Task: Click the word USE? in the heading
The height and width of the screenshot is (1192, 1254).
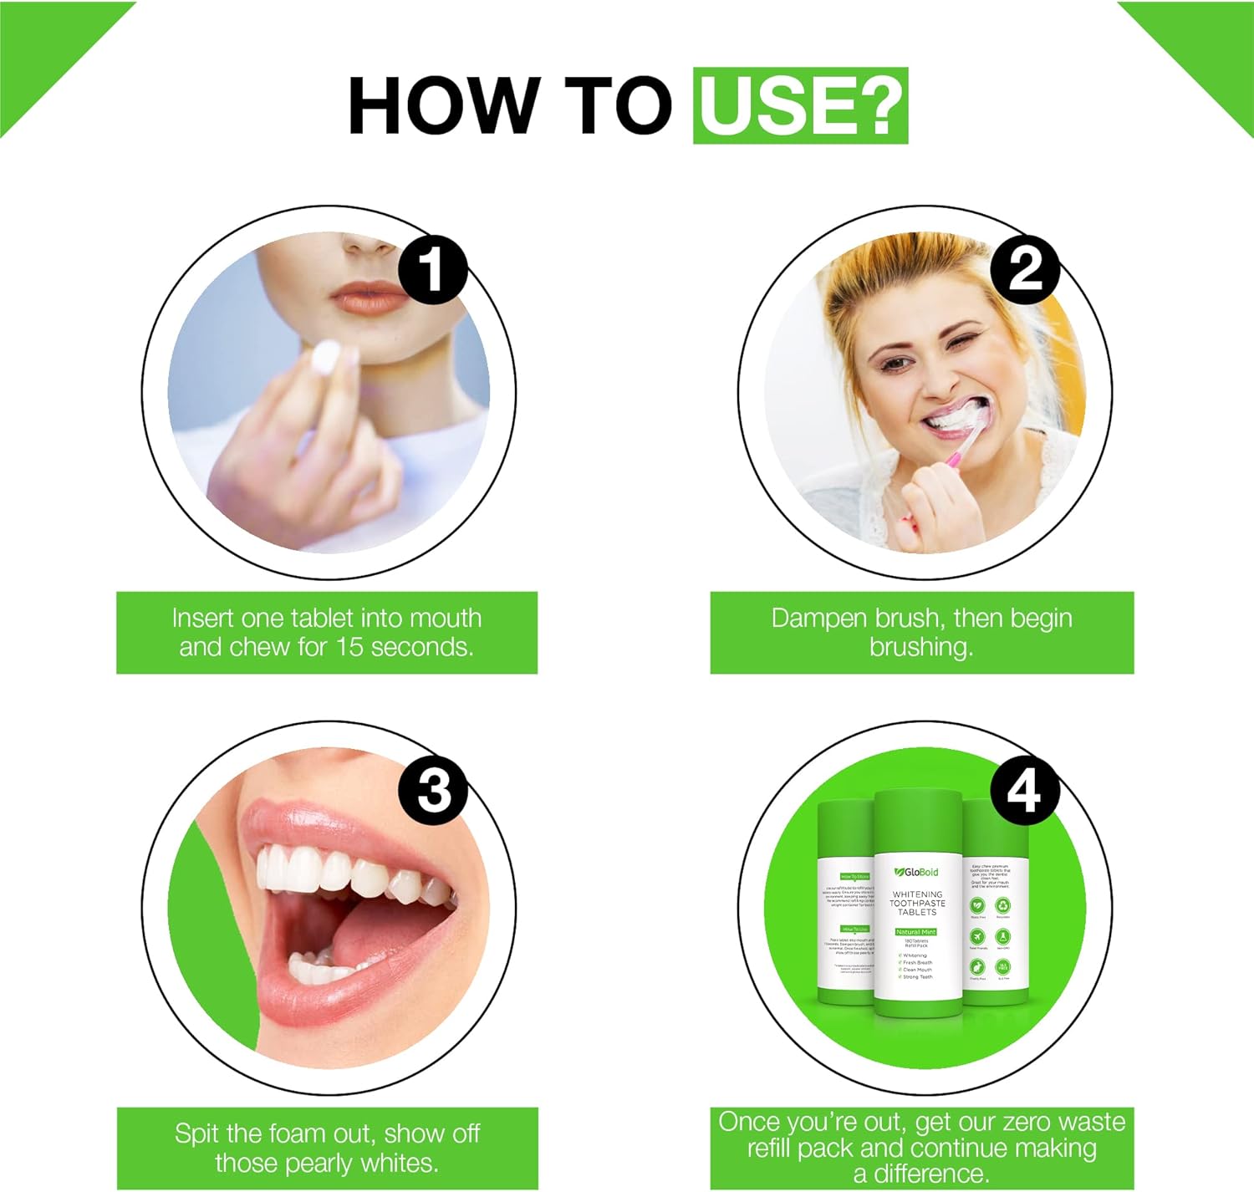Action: [x=800, y=106]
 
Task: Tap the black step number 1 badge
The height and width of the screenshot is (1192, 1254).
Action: [x=432, y=269]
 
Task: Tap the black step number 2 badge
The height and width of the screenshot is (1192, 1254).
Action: [x=1025, y=269]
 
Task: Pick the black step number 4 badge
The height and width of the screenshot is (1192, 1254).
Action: [x=1025, y=789]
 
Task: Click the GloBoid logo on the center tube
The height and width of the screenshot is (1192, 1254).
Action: [x=916, y=872]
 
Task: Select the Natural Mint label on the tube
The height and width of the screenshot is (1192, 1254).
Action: [x=916, y=931]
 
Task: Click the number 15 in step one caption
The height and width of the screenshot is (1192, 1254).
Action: [x=350, y=647]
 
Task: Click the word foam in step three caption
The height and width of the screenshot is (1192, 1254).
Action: [x=297, y=1134]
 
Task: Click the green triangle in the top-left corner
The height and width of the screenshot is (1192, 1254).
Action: [x=42, y=42]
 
